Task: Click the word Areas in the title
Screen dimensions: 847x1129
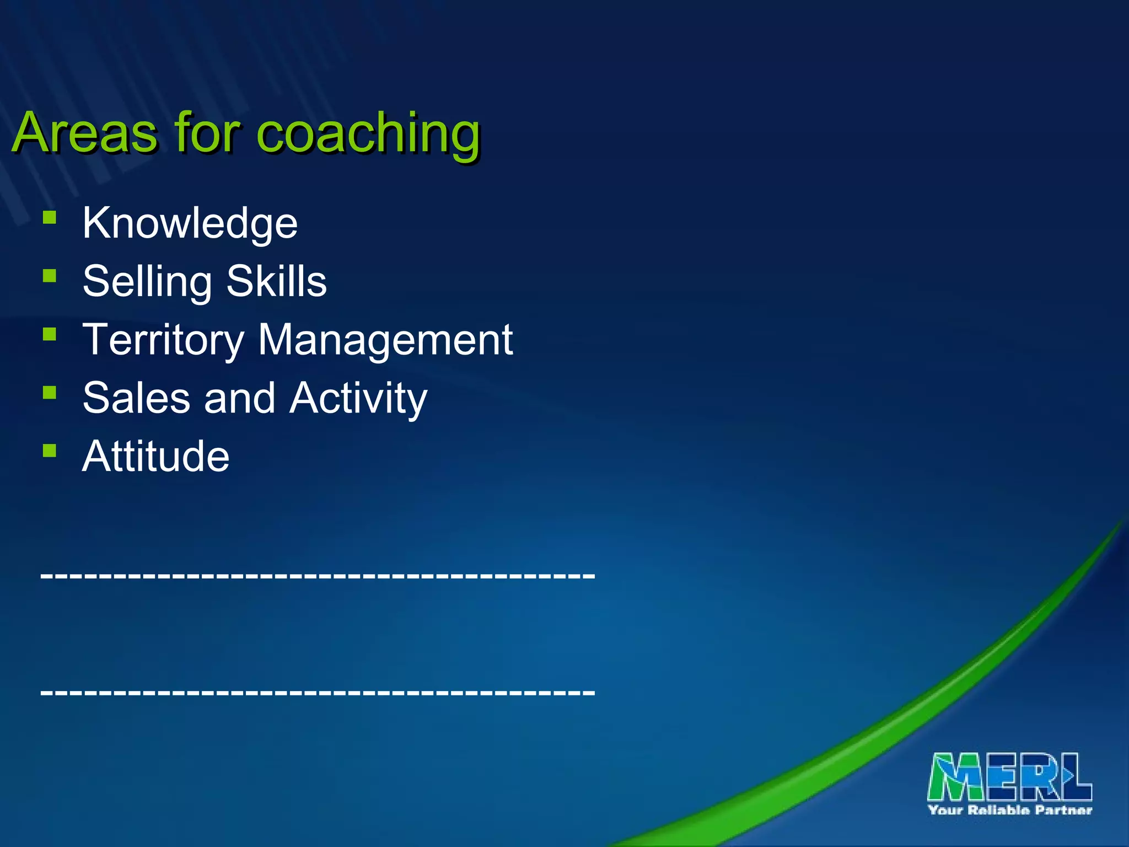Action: coord(85,133)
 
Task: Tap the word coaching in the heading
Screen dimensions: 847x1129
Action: coord(368,133)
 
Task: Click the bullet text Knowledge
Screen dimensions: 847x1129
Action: coord(190,223)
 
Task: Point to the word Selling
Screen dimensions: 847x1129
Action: coord(147,281)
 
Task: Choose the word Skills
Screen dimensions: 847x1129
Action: coord(277,281)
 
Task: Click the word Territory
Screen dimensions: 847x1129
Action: coord(163,340)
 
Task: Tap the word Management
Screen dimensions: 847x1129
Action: coord(385,340)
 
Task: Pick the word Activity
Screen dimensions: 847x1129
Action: coord(359,398)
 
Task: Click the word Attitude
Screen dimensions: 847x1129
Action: coord(156,457)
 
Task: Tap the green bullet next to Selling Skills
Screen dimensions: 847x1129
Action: coord(50,275)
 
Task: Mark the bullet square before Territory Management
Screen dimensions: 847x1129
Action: coord(50,334)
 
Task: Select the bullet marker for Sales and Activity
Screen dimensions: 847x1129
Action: coord(50,392)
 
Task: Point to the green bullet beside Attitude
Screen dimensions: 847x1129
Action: coord(50,451)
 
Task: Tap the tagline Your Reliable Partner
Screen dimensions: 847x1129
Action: coord(1010,810)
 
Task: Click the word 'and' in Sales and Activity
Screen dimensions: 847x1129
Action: coord(240,398)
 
